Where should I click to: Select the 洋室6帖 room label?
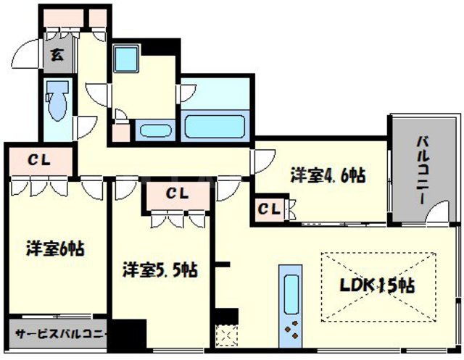click(54, 248)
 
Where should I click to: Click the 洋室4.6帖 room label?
click(327, 175)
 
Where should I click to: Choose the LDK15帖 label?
click(378, 285)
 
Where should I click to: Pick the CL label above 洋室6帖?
click(39, 160)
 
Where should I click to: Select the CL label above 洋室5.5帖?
click(177, 193)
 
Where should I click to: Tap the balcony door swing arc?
click(438, 213)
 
